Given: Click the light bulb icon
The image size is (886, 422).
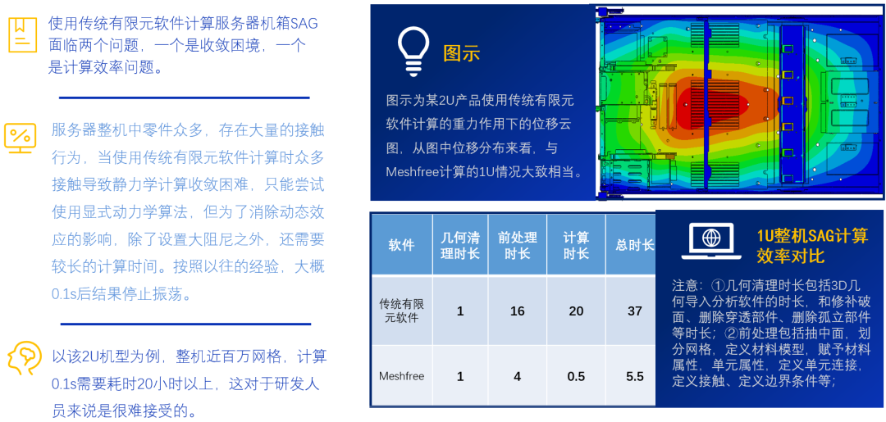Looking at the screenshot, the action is pos(415,52).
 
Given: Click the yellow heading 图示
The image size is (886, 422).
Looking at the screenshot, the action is pos(461,53).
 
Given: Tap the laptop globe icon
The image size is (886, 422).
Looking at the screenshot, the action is pos(710,241).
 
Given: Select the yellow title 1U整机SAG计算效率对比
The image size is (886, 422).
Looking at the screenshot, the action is pos(812,245).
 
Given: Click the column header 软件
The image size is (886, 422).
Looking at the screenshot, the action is pos(401,245).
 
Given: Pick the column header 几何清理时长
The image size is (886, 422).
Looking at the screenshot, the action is pos(460,245).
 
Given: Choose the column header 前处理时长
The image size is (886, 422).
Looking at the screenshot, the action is pos(518,245).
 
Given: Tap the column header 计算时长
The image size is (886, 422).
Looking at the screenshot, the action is pos(576,245).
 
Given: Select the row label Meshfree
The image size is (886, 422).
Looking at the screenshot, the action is pos(401,376).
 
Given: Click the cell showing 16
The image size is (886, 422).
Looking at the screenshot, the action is pos(517,311).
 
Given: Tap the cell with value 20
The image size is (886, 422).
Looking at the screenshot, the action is pos(576,311).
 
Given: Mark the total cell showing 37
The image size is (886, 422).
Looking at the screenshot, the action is pos(634,311).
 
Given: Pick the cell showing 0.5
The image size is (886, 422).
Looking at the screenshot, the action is pos(576,376).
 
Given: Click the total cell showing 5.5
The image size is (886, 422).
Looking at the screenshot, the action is pos(634,376).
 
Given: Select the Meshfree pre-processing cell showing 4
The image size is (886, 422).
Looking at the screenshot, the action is pos(517,376).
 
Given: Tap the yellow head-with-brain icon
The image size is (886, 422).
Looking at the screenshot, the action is pos(21,358).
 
